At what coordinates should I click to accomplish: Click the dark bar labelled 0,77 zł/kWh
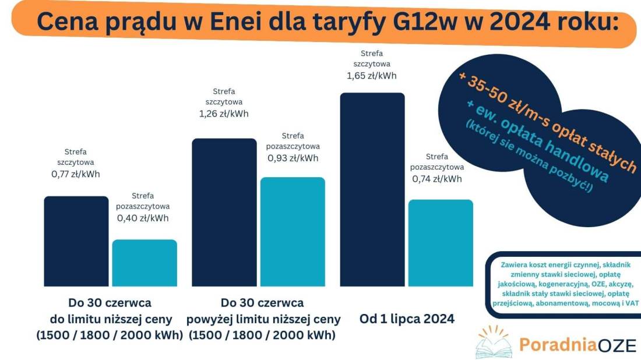[x=76, y=241]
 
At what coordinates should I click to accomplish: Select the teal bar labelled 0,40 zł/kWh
[x=145, y=263]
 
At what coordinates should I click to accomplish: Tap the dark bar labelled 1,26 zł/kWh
[x=224, y=212]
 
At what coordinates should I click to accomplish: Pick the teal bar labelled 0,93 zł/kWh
[x=293, y=232]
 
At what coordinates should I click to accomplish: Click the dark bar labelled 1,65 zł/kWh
[x=372, y=189]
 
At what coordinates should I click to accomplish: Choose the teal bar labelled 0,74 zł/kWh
[x=441, y=243]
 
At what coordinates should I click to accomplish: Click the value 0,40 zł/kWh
[x=143, y=218]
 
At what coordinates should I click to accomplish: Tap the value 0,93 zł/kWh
[x=293, y=158]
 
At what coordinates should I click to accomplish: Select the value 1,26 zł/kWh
[x=224, y=114]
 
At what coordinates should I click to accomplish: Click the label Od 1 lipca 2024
[x=407, y=319]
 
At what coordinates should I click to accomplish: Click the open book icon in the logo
[x=493, y=344]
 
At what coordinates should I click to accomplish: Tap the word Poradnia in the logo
[x=549, y=344]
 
